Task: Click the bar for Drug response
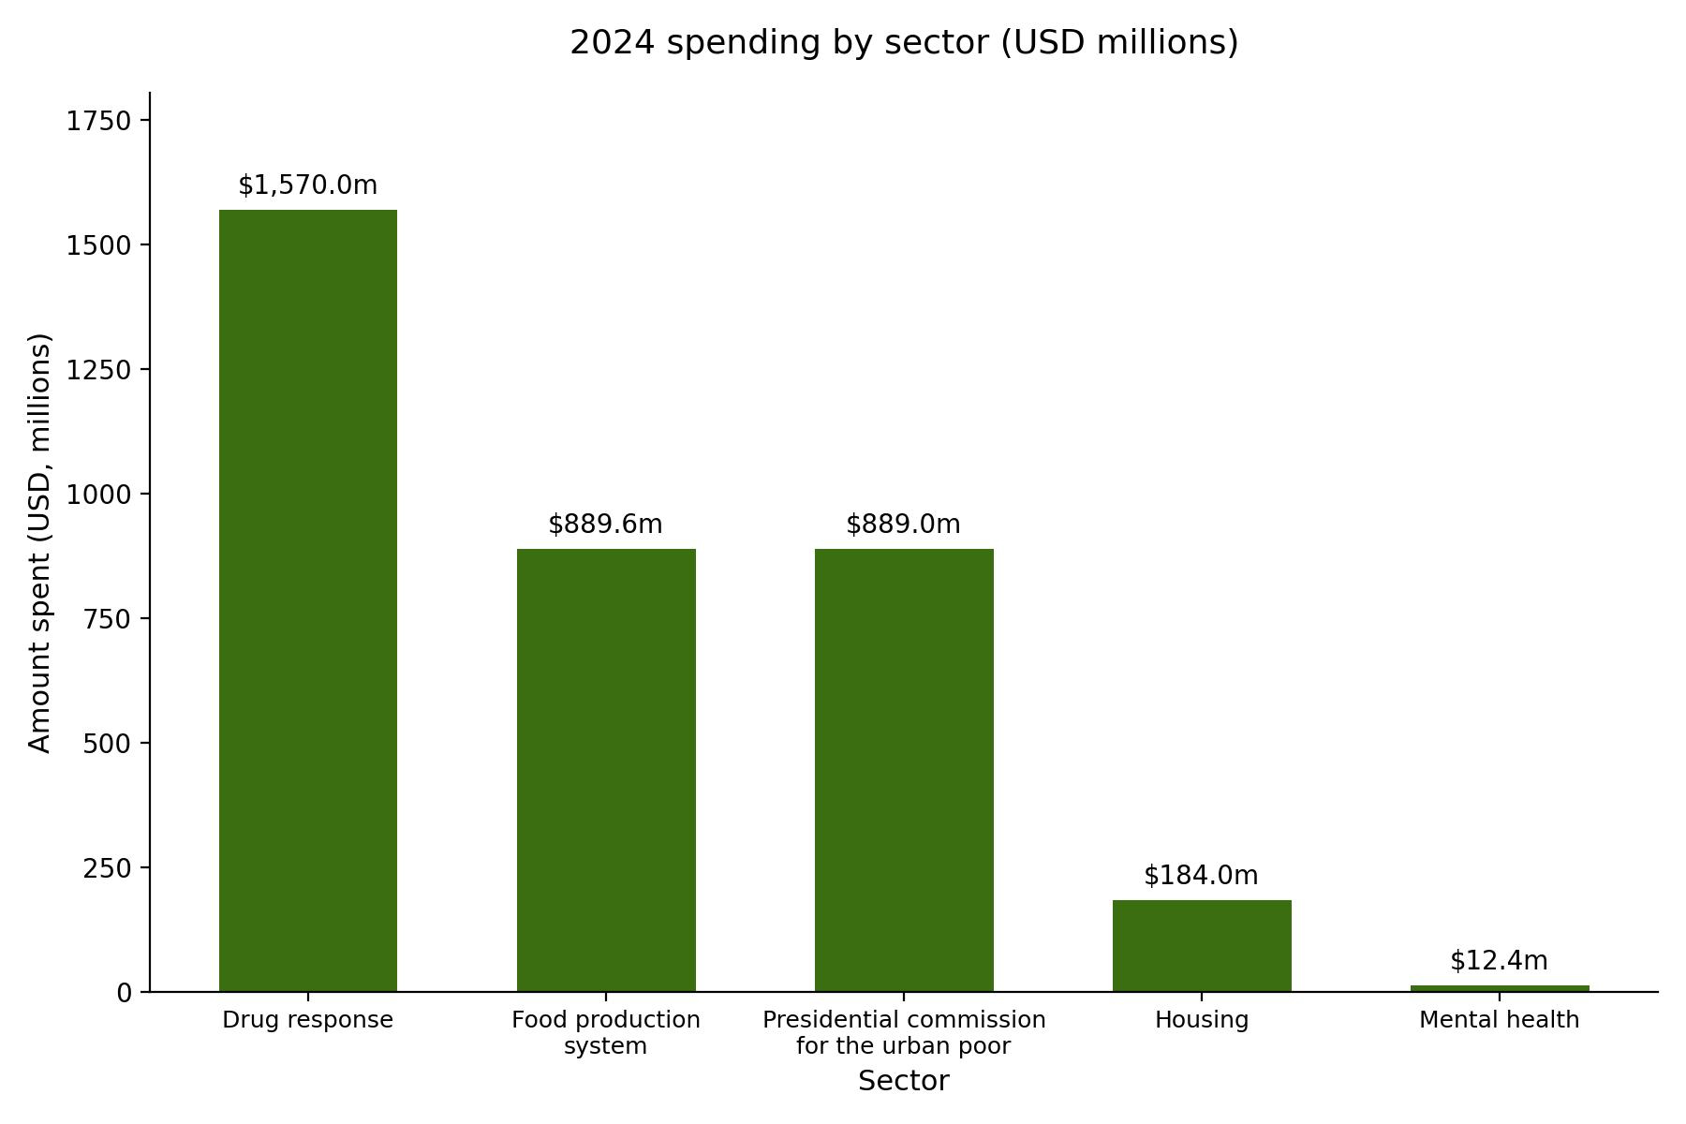308,600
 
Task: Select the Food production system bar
606,770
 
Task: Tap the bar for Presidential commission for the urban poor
904,770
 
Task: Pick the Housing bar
1202,945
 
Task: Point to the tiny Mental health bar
1500,988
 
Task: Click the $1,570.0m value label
308,185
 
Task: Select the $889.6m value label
606,525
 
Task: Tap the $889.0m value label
904,525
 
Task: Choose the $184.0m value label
1202,876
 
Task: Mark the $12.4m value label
1500,961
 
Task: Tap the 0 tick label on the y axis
125,993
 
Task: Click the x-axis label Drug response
308,1020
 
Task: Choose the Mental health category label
1500,1020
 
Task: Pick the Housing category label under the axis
1202,1020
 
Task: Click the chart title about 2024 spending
904,43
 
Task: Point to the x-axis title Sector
904,1081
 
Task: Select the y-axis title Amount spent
40,542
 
